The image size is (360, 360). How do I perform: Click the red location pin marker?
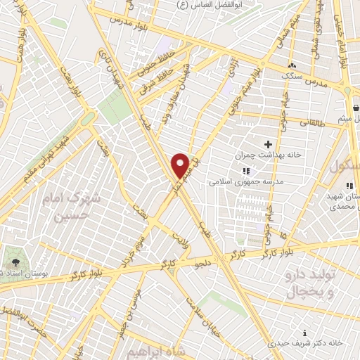[x=181, y=164]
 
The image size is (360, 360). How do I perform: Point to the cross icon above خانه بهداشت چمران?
[x=268, y=143]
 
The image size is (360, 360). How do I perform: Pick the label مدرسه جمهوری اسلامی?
[x=245, y=181]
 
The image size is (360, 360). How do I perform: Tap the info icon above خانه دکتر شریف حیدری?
[x=304, y=332]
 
